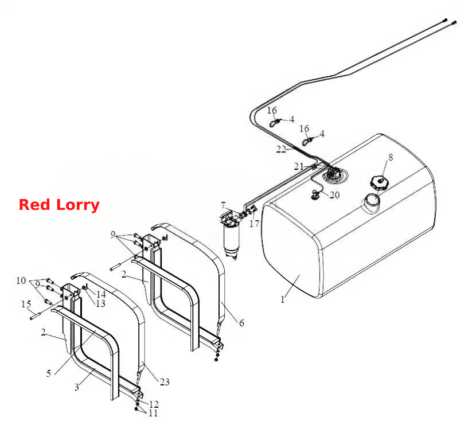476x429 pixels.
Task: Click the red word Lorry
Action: coord(78,205)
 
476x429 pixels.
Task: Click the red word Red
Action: coord(34,205)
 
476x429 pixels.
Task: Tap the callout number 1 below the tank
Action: coord(283,299)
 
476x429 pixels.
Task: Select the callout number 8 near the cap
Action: coord(391,157)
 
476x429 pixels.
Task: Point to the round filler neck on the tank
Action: coord(372,202)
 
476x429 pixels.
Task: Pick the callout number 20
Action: coord(334,194)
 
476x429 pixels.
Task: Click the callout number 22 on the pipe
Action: coord(281,149)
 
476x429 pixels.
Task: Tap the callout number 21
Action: coord(299,166)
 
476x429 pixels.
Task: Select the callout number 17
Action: coord(255,224)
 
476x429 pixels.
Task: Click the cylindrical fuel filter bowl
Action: coord(231,240)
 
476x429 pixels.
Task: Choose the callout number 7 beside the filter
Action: coord(223,205)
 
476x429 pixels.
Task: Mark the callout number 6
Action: coord(241,323)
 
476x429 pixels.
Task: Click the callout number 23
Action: coord(165,381)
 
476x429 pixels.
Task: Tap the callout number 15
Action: coord(26,304)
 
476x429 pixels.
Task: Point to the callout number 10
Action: coord(21,280)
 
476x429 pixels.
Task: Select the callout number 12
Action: coord(154,404)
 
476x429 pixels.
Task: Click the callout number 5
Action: coord(49,373)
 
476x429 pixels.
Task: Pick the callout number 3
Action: coord(77,387)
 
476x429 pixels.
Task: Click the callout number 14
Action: coord(101,294)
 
